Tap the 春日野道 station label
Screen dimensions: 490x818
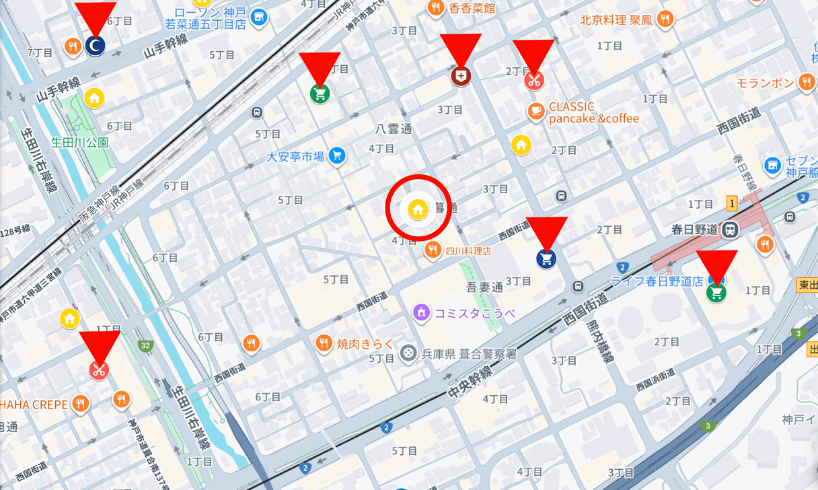[x=694, y=230]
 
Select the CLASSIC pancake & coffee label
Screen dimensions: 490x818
[x=593, y=112]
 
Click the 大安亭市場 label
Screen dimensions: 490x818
[x=295, y=157]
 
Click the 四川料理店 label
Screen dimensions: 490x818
[x=468, y=251]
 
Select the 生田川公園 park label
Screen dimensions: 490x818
[x=80, y=143]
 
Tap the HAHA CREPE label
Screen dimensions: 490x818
[x=34, y=405]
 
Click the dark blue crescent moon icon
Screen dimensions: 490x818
[x=96, y=46]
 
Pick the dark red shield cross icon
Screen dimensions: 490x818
[x=460, y=77]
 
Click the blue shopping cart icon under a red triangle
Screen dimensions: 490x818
[x=546, y=258]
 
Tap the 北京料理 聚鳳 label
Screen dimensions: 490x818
[x=616, y=20]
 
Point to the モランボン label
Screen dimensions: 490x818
[x=765, y=83]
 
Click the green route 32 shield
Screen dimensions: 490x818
[x=145, y=346]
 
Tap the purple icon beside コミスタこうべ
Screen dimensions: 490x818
[x=421, y=312]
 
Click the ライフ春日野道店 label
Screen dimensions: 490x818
[x=656, y=281]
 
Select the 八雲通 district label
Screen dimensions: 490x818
[x=394, y=129]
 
